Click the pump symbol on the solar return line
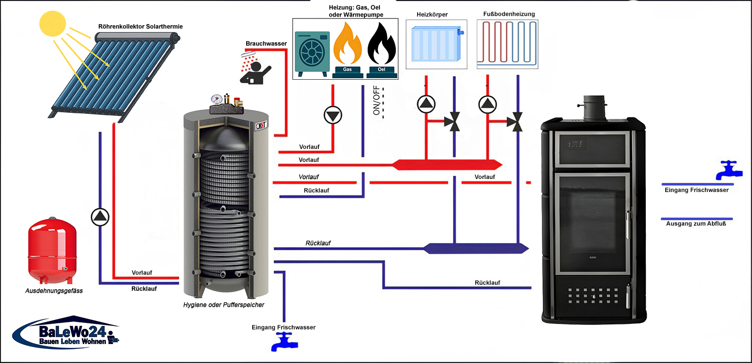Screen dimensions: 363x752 (100, 217)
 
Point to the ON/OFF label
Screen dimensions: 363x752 (377, 101)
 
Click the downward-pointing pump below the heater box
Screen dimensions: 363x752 (332, 115)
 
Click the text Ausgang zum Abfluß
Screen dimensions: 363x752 (696, 224)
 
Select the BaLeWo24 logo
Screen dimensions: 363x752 (65, 333)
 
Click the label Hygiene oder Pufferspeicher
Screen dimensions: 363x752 (224, 305)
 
